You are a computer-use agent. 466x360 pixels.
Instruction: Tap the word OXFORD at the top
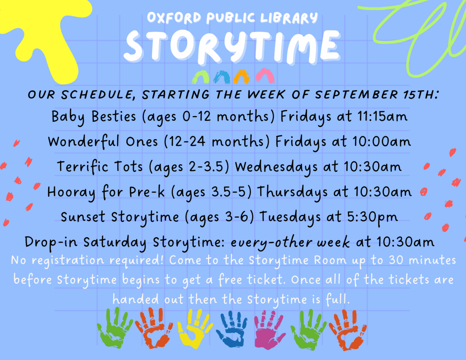(x=174, y=17)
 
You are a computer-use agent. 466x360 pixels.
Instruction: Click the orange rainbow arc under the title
(x=242, y=77)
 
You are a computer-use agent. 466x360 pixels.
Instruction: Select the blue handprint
(x=232, y=328)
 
